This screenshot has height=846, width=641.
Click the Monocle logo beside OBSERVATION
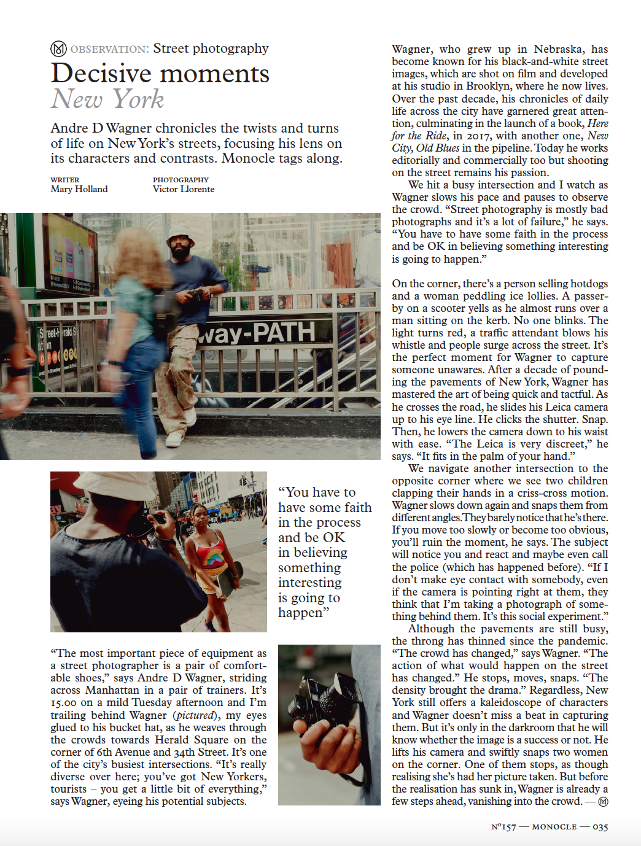tap(58, 49)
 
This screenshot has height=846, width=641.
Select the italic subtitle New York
tap(107, 99)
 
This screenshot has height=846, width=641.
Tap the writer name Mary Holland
tap(79, 189)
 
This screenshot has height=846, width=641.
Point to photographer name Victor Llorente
tap(184, 189)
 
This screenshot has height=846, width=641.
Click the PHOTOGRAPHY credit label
tap(181, 180)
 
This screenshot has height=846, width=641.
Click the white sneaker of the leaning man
tap(174, 439)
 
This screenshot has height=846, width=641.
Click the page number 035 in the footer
tap(600, 827)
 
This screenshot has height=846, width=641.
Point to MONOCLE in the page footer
tap(554, 827)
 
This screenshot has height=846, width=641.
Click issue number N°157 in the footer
tap(503, 827)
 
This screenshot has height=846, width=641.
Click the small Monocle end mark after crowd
tap(603, 802)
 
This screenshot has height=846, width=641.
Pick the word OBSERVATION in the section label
tap(109, 49)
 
